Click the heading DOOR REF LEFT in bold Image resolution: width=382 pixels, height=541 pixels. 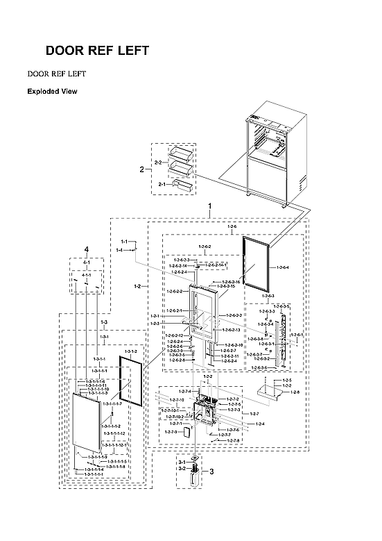[x=96, y=51]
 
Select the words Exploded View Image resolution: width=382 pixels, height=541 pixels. [x=52, y=91]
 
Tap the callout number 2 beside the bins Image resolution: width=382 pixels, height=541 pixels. [x=141, y=169]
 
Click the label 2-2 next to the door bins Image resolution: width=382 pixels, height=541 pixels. [x=157, y=163]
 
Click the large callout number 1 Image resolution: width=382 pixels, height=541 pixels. [x=210, y=207]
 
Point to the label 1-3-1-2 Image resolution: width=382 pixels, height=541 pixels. [x=130, y=352]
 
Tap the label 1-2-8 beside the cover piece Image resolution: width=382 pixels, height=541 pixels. [x=295, y=392]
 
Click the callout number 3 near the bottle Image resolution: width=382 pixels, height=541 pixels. [x=212, y=472]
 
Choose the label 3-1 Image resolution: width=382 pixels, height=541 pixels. [x=182, y=462]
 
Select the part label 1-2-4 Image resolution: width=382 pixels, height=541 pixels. [x=260, y=424]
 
